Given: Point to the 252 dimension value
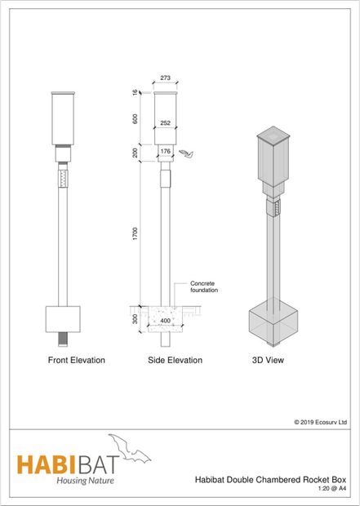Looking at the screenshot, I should coord(166,123).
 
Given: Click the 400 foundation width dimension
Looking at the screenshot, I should coord(166,321).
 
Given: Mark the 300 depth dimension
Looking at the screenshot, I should coord(136,319).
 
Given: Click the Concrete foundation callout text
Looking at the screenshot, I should coord(202,286).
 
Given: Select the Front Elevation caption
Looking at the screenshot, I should coord(75,360).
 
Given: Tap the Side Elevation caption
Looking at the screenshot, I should coord(175,360).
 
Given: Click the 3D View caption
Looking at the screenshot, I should coord(267,360).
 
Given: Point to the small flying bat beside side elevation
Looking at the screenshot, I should coord(190,152).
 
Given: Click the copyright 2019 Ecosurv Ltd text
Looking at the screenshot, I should coord(321,423).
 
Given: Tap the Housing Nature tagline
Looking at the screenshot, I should coord(85,481).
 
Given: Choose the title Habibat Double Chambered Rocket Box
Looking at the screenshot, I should coord(276,481).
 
